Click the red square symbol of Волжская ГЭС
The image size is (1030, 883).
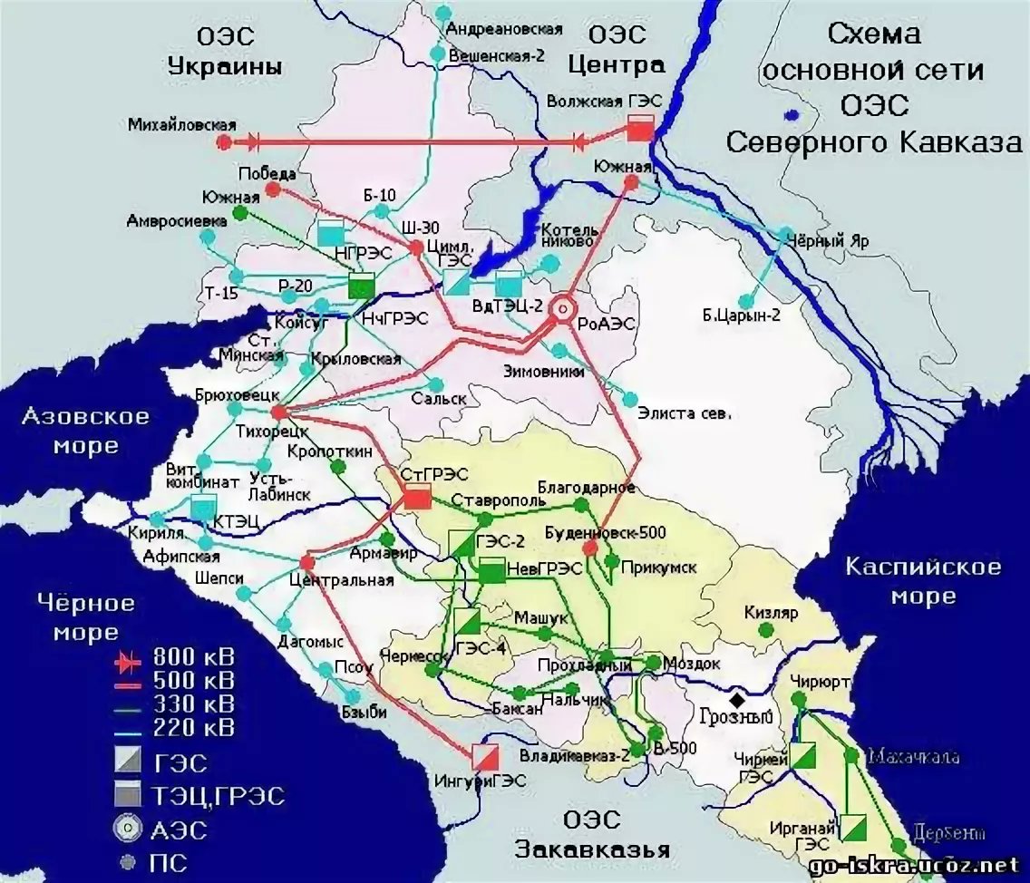tap(640, 129)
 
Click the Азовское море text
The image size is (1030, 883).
tap(85, 431)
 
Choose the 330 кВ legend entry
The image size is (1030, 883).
tap(172, 703)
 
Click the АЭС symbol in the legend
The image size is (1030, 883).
tap(130, 828)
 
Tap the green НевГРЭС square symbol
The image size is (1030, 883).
tap(491, 571)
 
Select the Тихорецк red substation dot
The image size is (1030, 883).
tap(278, 411)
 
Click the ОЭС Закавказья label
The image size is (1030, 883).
tap(593, 835)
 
